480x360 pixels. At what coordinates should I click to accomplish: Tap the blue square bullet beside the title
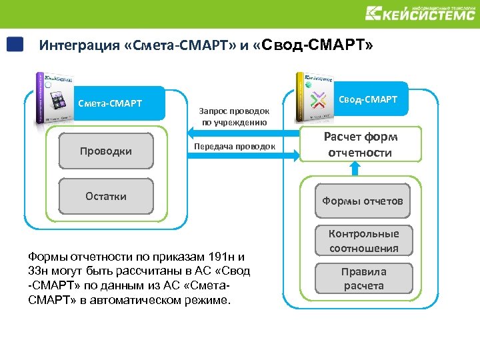(x=15, y=45)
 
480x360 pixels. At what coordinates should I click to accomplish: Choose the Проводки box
(x=106, y=151)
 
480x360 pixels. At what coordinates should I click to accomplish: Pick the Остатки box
(x=106, y=195)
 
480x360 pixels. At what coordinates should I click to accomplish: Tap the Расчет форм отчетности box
(x=361, y=145)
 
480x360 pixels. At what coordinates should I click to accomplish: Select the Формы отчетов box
(x=363, y=201)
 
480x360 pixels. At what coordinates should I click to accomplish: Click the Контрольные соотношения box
(x=364, y=241)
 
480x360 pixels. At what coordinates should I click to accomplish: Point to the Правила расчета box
(x=364, y=279)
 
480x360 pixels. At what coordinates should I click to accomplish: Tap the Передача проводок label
(x=234, y=146)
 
